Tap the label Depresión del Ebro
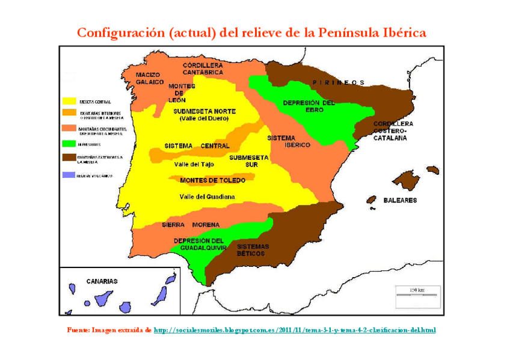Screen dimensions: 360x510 click(309, 106)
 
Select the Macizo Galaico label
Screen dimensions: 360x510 click(149, 78)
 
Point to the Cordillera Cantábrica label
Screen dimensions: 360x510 click(203, 68)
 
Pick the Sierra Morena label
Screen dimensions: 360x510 click(191, 225)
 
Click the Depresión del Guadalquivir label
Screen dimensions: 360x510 click(198, 244)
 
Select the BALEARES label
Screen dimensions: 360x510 click(400, 200)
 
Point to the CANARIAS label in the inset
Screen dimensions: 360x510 click(102, 281)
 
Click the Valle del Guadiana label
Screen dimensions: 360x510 click(207, 197)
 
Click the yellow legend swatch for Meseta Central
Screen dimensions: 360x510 click(69, 100)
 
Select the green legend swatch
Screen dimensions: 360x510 click(69, 144)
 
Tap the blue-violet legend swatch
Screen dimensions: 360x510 click(69, 175)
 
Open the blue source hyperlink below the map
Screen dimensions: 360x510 click(295, 330)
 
